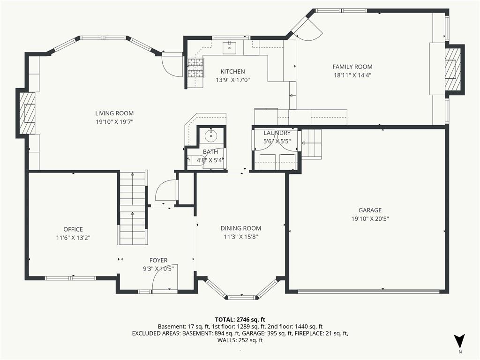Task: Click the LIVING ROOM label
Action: [x=114, y=113]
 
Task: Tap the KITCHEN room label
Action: [x=233, y=72]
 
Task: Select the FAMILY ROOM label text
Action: [x=352, y=67]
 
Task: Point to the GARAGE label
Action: [x=370, y=210]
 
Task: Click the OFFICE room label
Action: [x=73, y=229]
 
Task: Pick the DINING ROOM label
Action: [x=241, y=228]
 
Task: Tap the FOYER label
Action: [x=158, y=261]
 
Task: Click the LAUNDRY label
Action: [x=277, y=133]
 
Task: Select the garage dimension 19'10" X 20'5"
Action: [x=370, y=219]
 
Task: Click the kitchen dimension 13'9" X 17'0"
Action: [x=233, y=80]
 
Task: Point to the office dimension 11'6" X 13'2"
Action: [x=73, y=238]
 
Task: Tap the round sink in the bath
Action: [x=211, y=135]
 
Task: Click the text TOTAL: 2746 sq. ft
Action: [x=240, y=320]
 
